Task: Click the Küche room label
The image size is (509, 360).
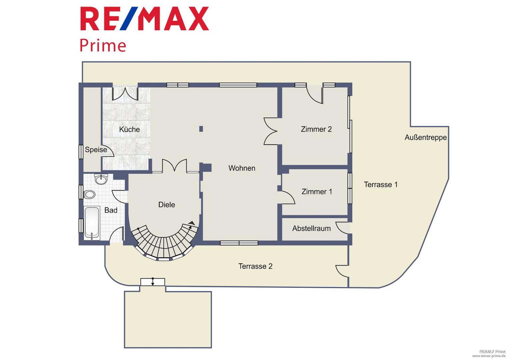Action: point(129,129)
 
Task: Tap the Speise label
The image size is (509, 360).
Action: point(96,150)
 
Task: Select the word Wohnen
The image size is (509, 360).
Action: point(242,168)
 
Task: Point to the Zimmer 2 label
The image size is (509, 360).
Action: point(316,129)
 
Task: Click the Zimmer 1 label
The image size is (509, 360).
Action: point(317,191)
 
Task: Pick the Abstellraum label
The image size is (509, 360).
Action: point(311,228)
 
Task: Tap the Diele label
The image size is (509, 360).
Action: point(167,205)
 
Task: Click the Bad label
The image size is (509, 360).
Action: point(111,210)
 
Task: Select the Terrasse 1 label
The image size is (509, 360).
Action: point(381,184)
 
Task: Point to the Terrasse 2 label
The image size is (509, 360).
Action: point(255,266)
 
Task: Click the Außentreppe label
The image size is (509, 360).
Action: point(426,137)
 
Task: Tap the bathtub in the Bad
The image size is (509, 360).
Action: point(92,223)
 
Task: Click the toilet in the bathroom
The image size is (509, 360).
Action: point(89,194)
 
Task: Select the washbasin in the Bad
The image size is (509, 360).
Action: point(101,179)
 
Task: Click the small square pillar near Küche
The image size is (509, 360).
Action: point(201,129)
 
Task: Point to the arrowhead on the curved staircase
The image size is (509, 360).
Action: point(192,223)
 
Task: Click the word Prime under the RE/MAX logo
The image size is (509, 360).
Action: point(103,46)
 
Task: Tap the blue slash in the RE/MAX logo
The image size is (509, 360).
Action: point(129,18)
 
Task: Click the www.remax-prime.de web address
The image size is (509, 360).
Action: point(489,356)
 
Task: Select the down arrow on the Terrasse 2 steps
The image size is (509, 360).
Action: point(153,282)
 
